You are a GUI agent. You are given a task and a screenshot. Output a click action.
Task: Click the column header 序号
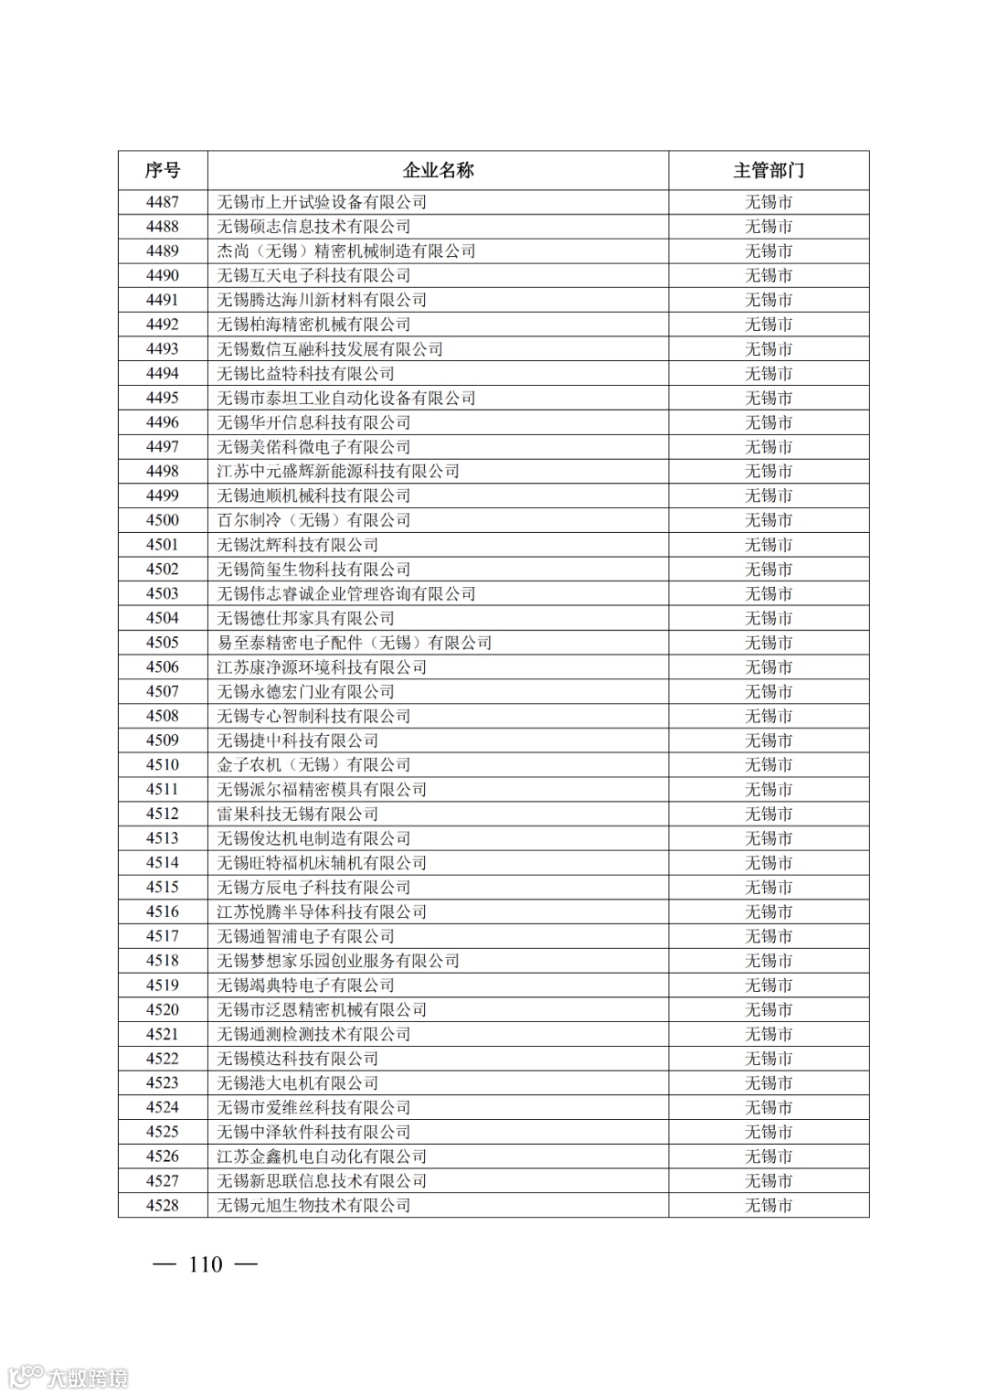[x=163, y=170]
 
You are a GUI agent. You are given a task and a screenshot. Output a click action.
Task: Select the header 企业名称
[x=439, y=170]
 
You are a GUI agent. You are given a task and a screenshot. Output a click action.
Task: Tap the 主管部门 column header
[x=769, y=170]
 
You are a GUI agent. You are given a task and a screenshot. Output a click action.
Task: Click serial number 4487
[x=163, y=202]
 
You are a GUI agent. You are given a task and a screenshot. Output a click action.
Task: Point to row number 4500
[x=163, y=520]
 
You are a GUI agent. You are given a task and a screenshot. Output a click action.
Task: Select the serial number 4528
[x=163, y=1205]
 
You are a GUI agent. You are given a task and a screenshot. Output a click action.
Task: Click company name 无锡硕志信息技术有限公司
[x=313, y=227]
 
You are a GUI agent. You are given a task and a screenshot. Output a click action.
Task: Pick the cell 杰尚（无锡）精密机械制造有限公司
[x=346, y=251]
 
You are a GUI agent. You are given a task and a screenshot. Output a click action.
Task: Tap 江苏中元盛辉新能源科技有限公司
[x=338, y=471]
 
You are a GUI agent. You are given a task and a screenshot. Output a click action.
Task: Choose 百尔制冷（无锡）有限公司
[x=313, y=520]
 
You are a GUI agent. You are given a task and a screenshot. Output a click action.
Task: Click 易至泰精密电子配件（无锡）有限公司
[x=355, y=643]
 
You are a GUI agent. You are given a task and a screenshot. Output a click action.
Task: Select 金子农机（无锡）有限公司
[x=313, y=765]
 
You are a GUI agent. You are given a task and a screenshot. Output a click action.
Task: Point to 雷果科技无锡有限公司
[x=297, y=814]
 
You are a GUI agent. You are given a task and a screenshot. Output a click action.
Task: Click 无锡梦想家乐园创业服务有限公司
[x=338, y=961]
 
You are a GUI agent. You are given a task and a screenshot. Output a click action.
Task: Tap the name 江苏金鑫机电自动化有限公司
[x=322, y=1156]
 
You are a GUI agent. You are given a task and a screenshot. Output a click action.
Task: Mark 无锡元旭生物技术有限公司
[x=313, y=1205]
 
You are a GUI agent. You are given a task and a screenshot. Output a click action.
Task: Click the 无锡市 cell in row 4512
[x=769, y=814]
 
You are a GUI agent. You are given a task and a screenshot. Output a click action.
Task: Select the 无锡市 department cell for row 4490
[x=769, y=275]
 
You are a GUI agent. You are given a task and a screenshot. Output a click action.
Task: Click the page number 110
[x=206, y=1264]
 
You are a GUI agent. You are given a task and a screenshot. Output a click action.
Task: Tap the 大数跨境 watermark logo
[x=68, y=1376]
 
